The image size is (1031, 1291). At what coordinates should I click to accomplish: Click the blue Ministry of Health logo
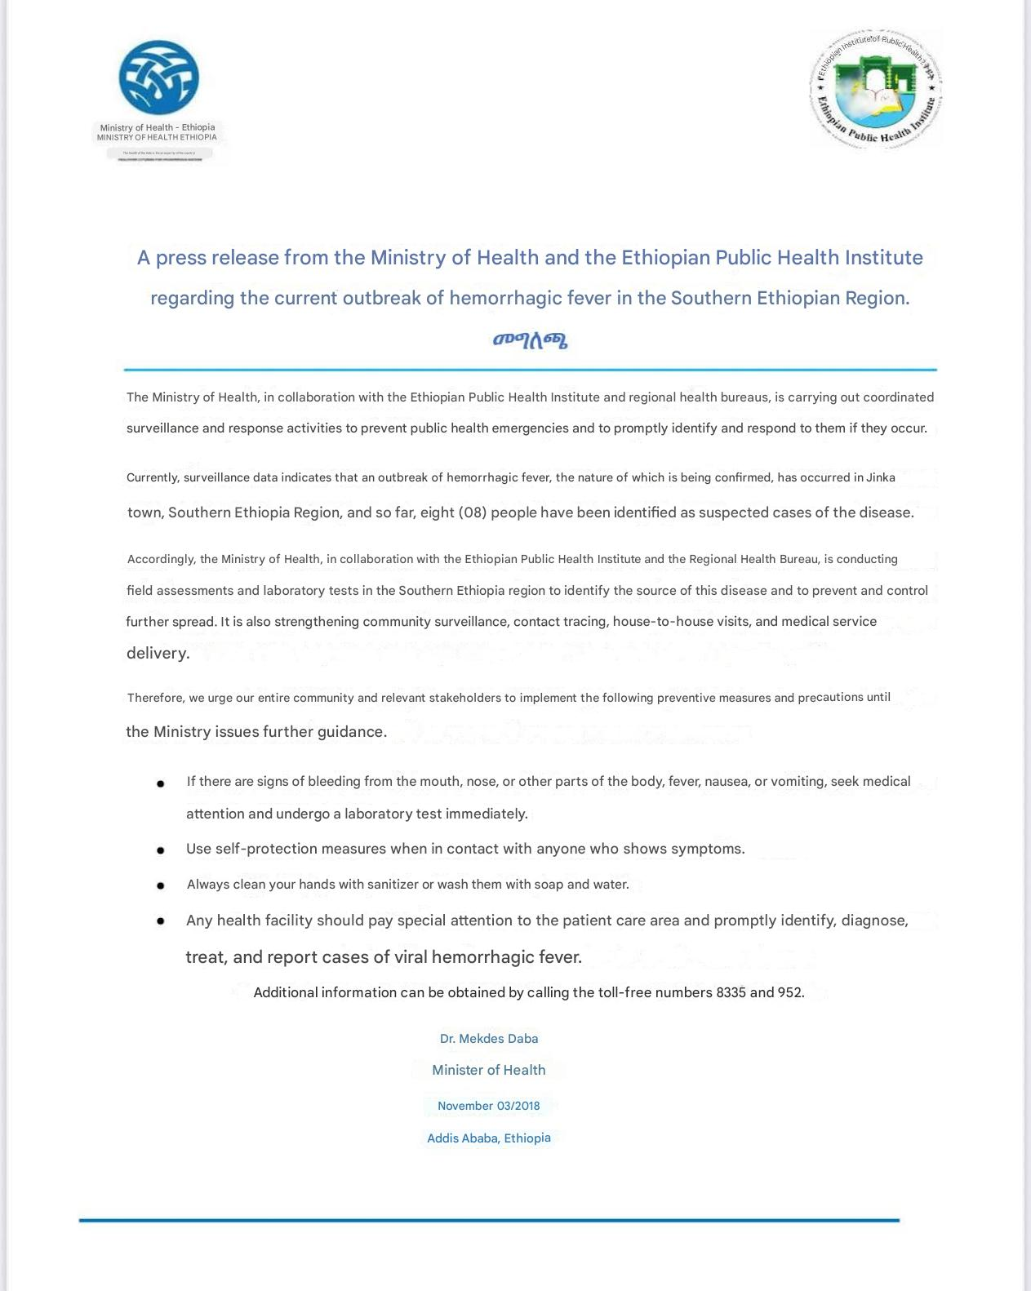click(x=158, y=78)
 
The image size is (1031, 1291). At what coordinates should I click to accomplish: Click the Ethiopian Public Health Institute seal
click(x=877, y=88)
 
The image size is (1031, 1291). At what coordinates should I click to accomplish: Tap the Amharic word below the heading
click(x=530, y=340)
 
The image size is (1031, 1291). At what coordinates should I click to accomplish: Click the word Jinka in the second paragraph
click(x=880, y=477)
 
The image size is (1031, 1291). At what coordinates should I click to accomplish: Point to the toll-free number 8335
click(x=731, y=992)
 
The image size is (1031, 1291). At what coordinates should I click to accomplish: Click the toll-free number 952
click(x=790, y=992)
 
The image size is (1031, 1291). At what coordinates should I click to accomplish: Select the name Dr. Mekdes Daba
click(x=488, y=1039)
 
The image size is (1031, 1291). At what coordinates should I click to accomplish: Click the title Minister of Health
click(x=488, y=1070)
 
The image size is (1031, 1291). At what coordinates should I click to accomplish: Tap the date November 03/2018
click(x=488, y=1106)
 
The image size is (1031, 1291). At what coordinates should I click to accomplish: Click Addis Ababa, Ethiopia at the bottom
click(x=488, y=1138)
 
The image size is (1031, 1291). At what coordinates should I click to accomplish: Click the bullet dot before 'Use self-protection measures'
click(x=161, y=850)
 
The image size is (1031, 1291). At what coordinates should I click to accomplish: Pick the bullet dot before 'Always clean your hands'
click(x=161, y=885)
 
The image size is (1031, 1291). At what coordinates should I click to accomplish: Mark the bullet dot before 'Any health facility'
click(x=161, y=921)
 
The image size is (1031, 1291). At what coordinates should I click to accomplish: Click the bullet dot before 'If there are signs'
click(x=161, y=783)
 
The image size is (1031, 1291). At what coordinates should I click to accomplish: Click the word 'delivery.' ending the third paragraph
click(x=158, y=653)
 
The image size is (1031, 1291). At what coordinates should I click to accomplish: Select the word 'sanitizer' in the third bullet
click(x=393, y=885)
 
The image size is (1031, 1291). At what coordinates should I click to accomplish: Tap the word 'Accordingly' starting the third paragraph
click(x=160, y=559)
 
